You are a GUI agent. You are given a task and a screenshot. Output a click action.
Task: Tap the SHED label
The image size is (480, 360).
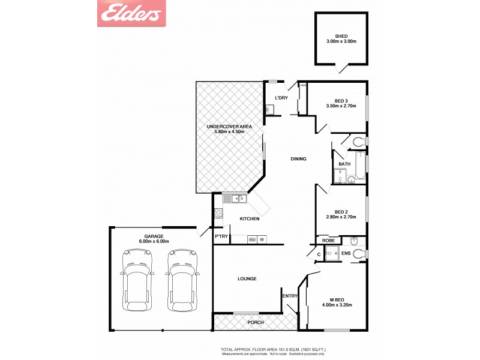[x=341, y=35]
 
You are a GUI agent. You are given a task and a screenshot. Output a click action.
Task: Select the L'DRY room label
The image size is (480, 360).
[x=281, y=98]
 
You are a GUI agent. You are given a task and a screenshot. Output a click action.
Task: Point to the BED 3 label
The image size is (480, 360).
[x=341, y=100]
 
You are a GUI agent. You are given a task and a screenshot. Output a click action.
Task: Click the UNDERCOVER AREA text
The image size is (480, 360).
[x=229, y=127]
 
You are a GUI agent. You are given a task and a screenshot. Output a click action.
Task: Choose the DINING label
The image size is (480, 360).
[x=298, y=159]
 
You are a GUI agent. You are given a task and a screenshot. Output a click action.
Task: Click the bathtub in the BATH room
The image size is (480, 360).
[x=359, y=166]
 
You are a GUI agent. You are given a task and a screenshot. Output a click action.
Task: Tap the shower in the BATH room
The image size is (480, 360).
[x=340, y=176]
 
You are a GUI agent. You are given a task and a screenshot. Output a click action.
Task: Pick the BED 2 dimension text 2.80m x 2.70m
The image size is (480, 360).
[x=341, y=217]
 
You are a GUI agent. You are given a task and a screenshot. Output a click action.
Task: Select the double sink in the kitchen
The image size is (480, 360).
[x=235, y=199]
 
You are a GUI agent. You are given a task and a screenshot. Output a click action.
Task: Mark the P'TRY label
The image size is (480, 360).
[x=220, y=237]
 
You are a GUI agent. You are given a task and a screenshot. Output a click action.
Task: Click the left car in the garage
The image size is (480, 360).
[x=137, y=280]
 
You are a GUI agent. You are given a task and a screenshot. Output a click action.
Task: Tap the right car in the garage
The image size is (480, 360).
[x=182, y=280]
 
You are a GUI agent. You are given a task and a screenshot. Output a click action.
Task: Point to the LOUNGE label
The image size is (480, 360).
[x=247, y=278]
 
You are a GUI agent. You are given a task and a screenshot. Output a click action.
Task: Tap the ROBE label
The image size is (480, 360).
[x=328, y=240]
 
